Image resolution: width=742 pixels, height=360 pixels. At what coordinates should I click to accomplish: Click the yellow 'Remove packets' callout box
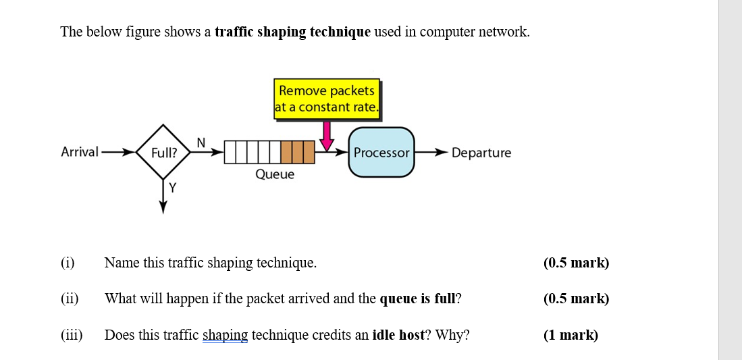point(327,99)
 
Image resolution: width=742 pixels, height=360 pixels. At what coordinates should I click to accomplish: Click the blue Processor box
point(381,153)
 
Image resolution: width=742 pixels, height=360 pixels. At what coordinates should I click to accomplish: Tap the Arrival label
point(80,152)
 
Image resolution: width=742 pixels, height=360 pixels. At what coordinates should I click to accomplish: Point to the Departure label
point(481,153)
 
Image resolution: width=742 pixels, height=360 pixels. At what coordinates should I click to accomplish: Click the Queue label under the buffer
point(275,174)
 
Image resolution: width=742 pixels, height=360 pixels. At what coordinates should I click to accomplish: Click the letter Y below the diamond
point(173,188)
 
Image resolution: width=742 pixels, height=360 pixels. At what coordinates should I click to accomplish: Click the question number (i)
point(68,263)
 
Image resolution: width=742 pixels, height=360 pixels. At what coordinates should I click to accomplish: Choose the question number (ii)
point(70,299)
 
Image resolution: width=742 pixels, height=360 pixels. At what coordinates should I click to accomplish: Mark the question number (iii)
point(72,335)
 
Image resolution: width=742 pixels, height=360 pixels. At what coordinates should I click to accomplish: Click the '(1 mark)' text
point(571,335)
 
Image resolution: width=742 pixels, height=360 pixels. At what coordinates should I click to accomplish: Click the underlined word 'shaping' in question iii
point(225,335)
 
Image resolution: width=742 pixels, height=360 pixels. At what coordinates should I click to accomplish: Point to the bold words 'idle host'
point(398,335)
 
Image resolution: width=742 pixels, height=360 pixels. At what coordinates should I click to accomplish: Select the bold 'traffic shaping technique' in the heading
point(292,32)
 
